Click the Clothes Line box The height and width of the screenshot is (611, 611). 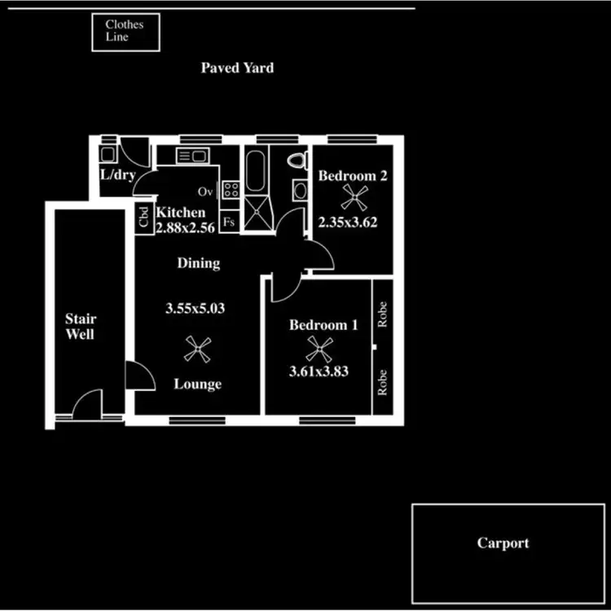pos(124,31)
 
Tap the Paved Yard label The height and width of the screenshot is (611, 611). pos(237,68)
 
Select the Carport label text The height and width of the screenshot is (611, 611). pos(503,543)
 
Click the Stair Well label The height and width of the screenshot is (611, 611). pos(80,327)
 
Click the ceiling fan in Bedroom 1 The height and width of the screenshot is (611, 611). pos(317,349)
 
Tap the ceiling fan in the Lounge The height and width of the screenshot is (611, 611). pos(196,350)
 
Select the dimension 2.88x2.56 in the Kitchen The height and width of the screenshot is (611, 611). pos(185,228)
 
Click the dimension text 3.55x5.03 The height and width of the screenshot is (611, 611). pos(195,309)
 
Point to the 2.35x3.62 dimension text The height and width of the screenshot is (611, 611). pos(348,221)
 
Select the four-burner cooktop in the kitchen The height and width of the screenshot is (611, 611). pos(231,191)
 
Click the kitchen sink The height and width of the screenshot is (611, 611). pos(193,156)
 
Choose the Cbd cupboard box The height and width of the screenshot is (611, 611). pos(143,218)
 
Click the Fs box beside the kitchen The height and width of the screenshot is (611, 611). pos(229,221)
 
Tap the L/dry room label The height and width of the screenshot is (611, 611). pos(117,176)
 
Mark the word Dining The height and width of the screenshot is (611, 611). pos(198,263)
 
